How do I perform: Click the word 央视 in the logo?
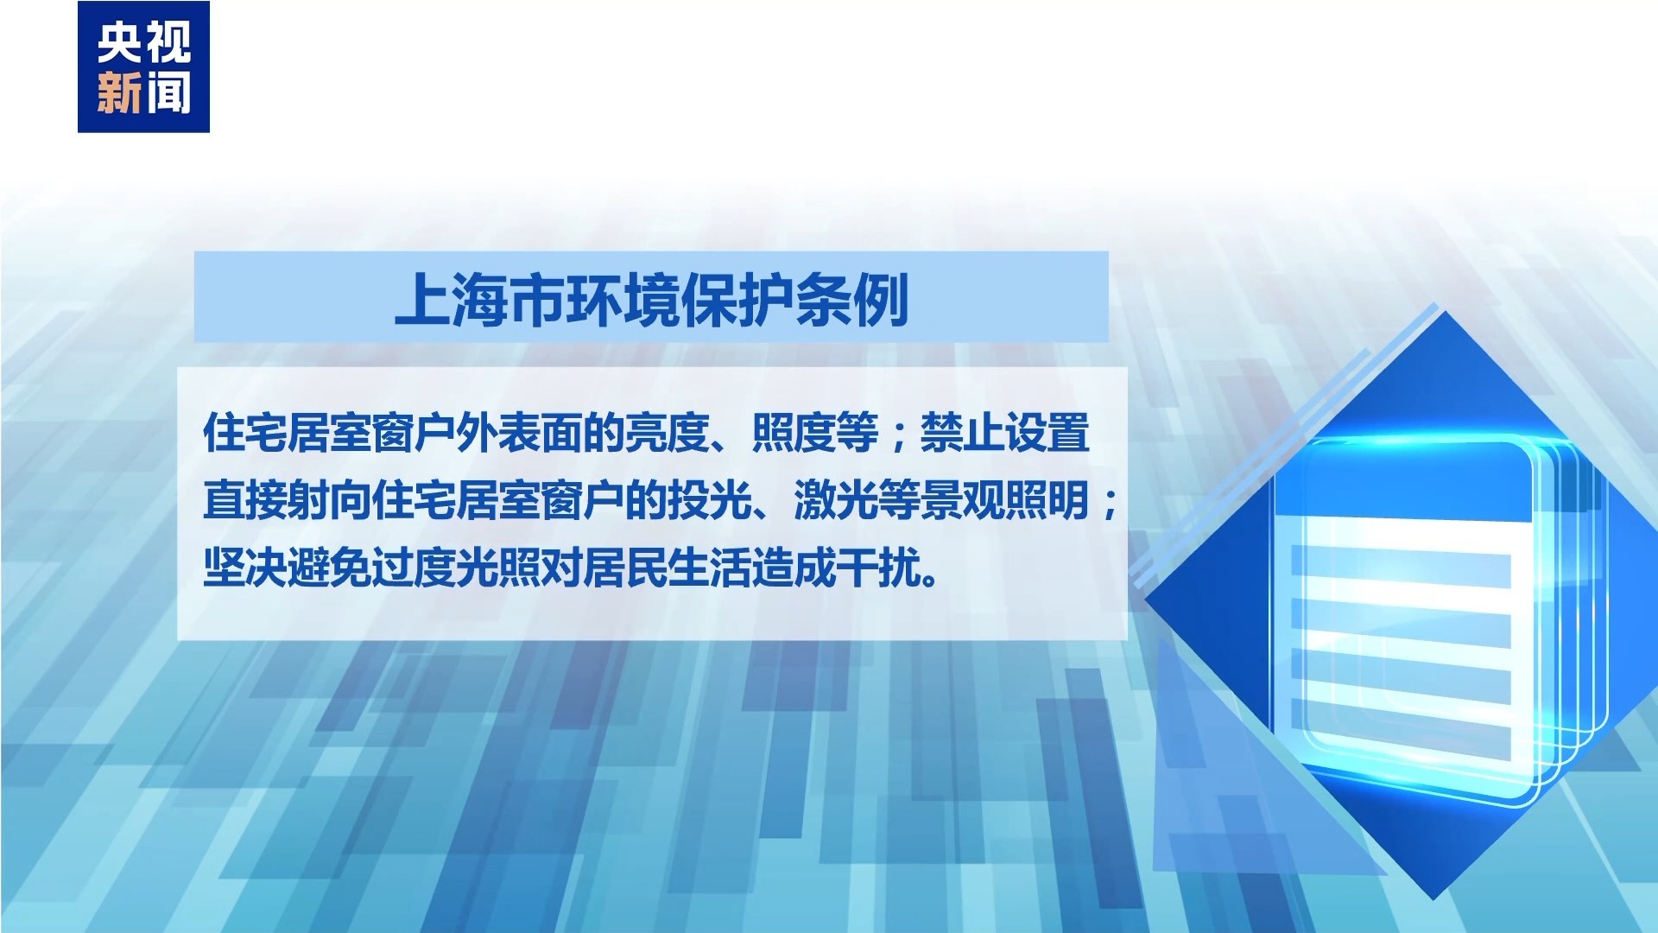[143, 42]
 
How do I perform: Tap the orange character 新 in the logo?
[119, 92]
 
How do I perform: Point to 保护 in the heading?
[737, 300]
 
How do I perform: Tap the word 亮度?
[667, 433]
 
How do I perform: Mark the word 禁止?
[962, 433]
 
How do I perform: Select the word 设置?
[1047, 433]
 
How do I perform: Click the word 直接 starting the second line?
[245, 501]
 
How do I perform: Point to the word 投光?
[709, 501]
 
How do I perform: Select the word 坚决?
[245, 568]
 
